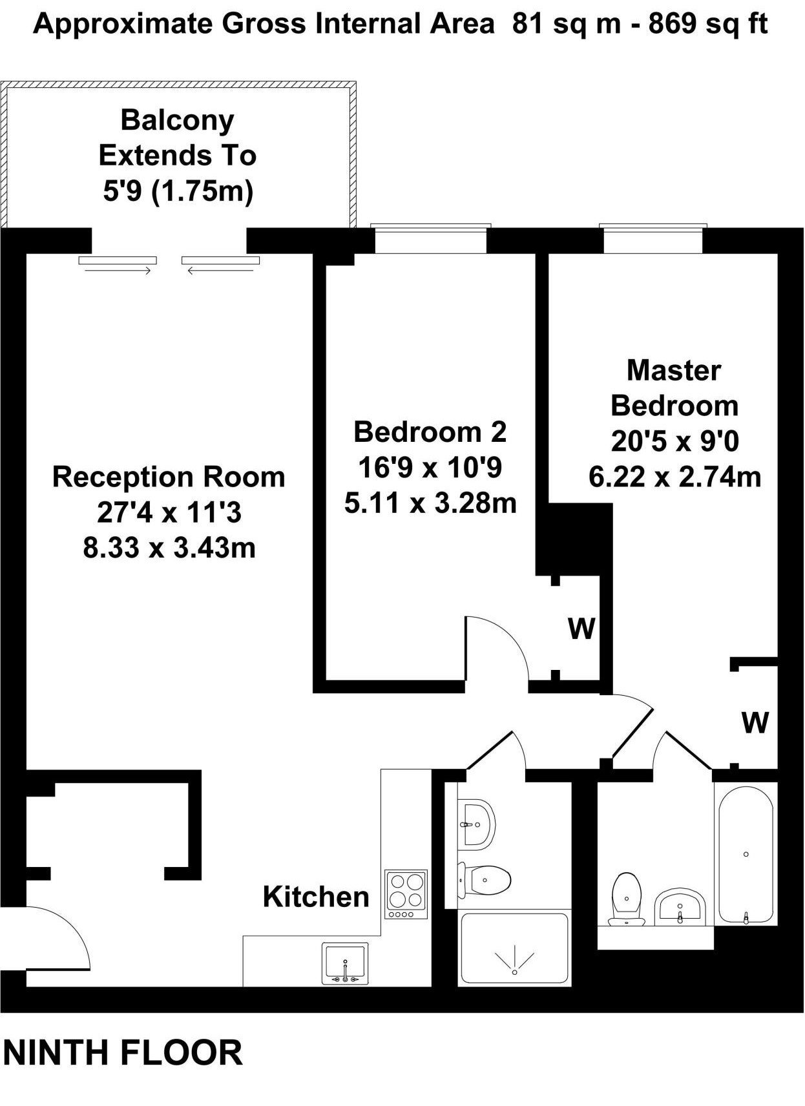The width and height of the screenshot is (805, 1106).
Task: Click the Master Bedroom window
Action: [x=653, y=240]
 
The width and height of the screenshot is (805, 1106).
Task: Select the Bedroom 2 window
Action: [x=431, y=240]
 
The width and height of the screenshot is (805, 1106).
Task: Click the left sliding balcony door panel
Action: [x=118, y=261]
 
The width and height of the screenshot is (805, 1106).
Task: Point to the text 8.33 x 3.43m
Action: [x=169, y=548]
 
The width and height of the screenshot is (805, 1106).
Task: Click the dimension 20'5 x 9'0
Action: [x=674, y=441]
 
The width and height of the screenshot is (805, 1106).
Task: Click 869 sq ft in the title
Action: [x=708, y=24]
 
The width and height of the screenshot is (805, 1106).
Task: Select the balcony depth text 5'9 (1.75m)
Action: [x=178, y=192]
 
